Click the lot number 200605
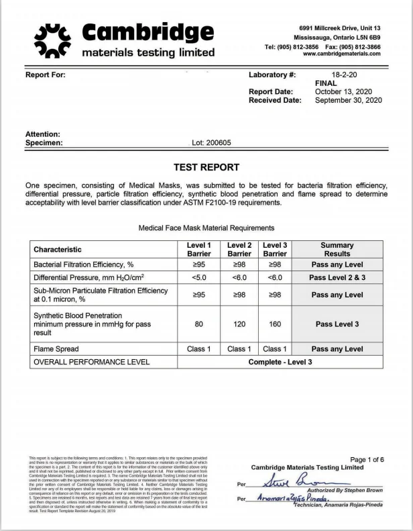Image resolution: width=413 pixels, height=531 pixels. [212, 143]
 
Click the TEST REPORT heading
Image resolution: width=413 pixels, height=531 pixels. [206, 167]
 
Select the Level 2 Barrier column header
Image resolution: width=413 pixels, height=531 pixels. [239, 250]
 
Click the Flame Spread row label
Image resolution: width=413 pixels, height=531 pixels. [56, 349]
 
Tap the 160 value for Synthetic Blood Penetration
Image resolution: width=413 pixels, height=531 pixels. [274, 324]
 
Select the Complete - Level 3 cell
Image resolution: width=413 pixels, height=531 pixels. [280, 362]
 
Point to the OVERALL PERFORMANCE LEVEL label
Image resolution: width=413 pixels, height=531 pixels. [91, 362]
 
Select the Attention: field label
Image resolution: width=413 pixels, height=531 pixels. [43, 134]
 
